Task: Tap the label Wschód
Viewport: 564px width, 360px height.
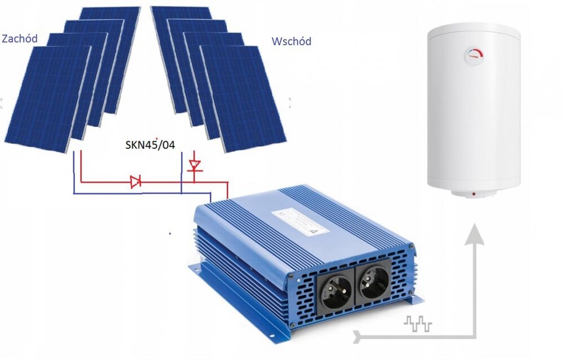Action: (291, 42)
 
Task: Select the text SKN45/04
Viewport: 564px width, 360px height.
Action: (149, 146)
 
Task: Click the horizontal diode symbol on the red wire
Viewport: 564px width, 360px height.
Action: (135, 182)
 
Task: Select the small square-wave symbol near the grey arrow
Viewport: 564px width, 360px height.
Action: (418, 324)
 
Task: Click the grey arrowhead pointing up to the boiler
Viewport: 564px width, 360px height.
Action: (476, 233)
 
